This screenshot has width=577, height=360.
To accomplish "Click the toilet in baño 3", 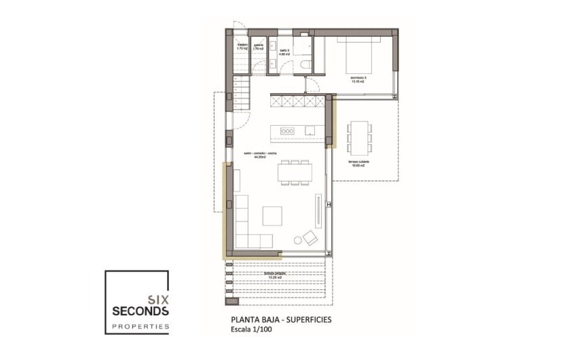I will tap(305, 65).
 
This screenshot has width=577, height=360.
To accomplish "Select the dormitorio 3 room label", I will tap(358, 79).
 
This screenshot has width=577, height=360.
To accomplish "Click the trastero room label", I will tap(242, 48).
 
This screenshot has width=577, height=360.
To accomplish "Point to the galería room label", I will tap(258, 48).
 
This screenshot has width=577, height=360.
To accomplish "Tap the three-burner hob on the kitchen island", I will tap(287, 130).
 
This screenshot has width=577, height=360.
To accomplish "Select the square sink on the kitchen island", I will tap(310, 130).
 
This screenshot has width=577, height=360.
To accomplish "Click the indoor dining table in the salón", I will tap(295, 172).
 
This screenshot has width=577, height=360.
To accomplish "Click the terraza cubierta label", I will tap(357, 165).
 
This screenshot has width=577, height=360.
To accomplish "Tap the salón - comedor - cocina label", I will tap(259, 156).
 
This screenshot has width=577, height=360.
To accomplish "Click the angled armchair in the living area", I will tap(310, 237).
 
